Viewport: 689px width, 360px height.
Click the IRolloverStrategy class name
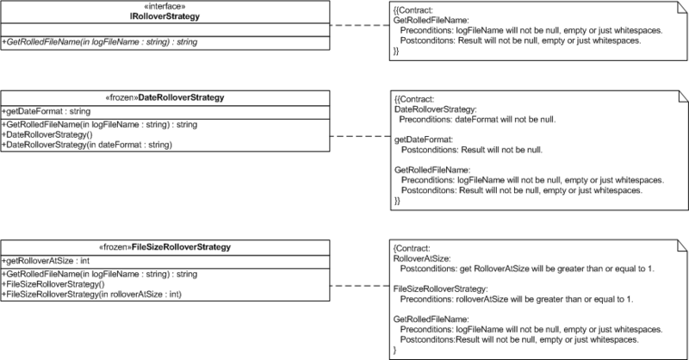pos(164,16)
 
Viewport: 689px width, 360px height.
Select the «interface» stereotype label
pos(164,7)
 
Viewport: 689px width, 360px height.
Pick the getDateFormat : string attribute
pos(47,111)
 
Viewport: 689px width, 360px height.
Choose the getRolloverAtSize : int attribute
pos(46,261)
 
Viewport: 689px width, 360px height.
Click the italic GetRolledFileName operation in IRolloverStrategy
pos(100,42)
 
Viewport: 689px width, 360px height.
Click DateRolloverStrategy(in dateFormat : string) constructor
pos(87,145)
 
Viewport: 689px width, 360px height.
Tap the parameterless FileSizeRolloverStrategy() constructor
pos(53,284)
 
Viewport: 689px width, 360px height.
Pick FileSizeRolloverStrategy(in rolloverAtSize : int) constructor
pos(91,294)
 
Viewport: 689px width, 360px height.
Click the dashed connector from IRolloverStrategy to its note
pos(359,25)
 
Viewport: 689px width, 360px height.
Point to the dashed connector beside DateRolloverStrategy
pos(360,136)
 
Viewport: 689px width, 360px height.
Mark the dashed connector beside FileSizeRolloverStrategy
pos(359,286)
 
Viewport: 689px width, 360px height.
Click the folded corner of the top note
pos(682,7)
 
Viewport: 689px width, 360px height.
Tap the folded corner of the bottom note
pos(682,245)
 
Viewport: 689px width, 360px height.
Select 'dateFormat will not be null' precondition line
pos(477,120)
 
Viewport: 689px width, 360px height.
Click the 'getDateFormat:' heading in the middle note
pos(424,140)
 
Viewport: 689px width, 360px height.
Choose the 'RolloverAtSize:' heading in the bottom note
pos(422,258)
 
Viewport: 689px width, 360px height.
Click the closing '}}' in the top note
pos(396,51)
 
